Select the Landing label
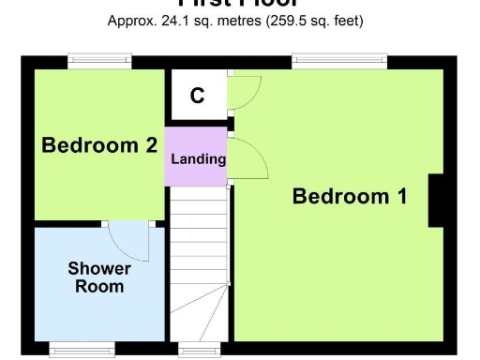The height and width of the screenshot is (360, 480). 198,158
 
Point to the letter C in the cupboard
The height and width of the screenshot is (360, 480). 198,96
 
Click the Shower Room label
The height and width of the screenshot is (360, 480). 99,277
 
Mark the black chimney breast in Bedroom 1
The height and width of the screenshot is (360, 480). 436,201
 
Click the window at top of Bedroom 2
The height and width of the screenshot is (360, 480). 99,63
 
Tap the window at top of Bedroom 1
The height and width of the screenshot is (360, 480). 339,63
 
